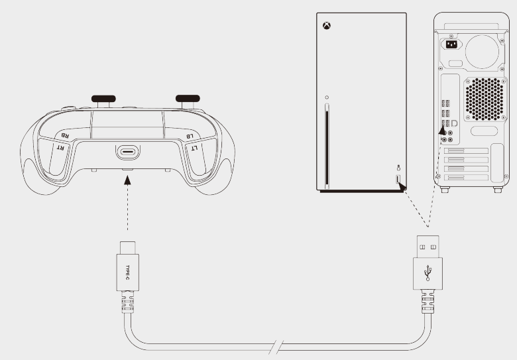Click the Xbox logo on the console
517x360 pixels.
click(x=326, y=26)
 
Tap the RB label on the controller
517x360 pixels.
click(x=65, y=135)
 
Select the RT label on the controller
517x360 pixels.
click(x=61, y=147)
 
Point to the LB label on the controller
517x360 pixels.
click(x=190, y=136)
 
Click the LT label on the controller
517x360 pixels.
click(x=194, y=148)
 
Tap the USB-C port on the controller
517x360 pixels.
click(x=128, y=152)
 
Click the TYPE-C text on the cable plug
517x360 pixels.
click(x=128, y=272)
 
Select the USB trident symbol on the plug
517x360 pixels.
click(x=428, y=272)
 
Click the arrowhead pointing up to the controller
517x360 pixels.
click(x=128, y=180)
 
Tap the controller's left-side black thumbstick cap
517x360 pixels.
click(x=103, y=99)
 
